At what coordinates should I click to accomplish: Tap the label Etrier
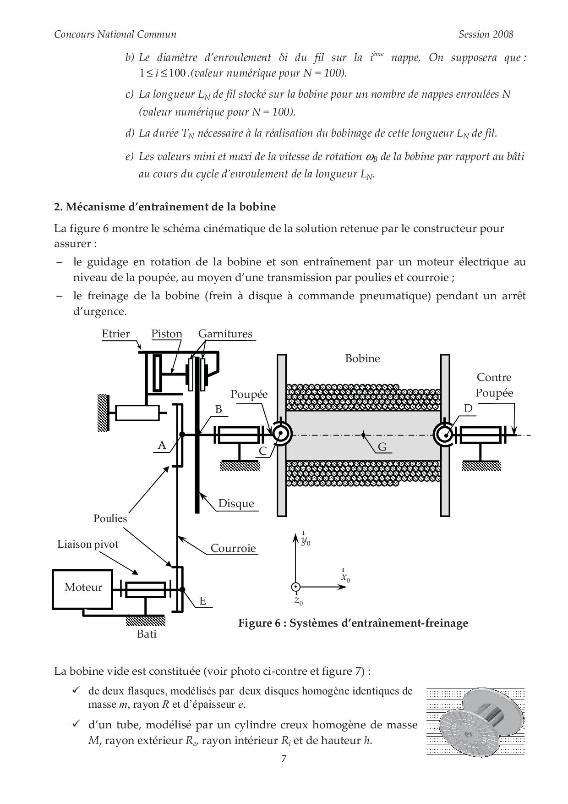(116, 334)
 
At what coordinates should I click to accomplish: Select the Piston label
(167, 334)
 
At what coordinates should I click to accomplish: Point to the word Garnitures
(225, 334)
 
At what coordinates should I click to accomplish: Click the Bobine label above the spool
(362, 358)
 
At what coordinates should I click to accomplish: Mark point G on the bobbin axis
(363, 435)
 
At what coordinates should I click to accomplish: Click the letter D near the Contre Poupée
(468, 408)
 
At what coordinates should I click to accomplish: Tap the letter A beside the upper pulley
(161, 445)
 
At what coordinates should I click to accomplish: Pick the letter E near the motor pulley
(202, 601)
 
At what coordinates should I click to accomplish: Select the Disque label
(236, 503)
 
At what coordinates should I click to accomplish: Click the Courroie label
(233, 548)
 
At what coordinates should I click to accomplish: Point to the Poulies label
(110, 518)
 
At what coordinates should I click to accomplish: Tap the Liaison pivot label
(87, 544)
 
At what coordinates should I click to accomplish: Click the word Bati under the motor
(147, 634)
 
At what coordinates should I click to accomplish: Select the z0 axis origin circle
(296, 587)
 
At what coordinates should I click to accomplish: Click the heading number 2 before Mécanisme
(57, 207)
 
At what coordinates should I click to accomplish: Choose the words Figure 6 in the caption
(259, 623)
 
